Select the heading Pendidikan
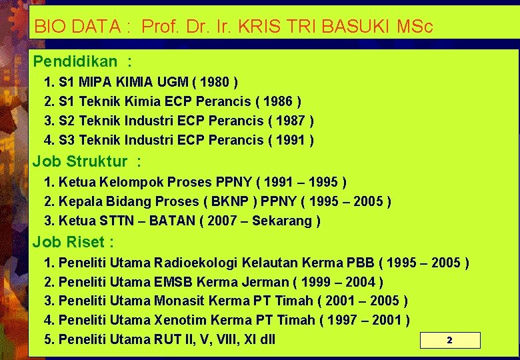point(75,62)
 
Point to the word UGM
point(183,83)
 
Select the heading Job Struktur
point(80,161)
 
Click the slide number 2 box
point(449,340)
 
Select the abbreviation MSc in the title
point(415,27)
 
